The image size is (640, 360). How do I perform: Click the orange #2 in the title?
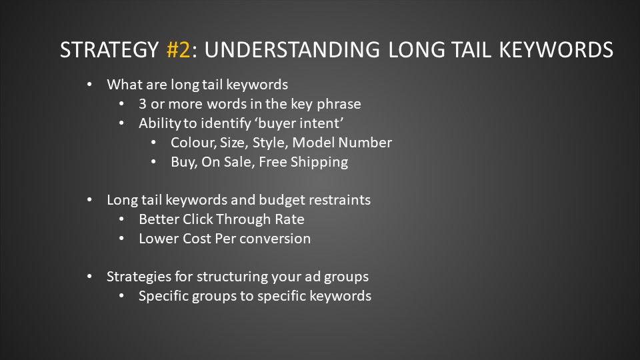coord(179,50)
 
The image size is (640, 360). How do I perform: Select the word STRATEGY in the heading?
coord(109,50)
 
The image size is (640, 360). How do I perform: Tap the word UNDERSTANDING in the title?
coord(292,50)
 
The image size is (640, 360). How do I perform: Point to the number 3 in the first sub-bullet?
coord(143,104)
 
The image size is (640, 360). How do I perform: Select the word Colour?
coord(193,143)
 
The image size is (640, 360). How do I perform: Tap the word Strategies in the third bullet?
coord(139,277)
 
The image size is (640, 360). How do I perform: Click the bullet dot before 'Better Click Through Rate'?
coord(121,219)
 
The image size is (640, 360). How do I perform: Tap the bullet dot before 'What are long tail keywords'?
coord(89,85)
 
